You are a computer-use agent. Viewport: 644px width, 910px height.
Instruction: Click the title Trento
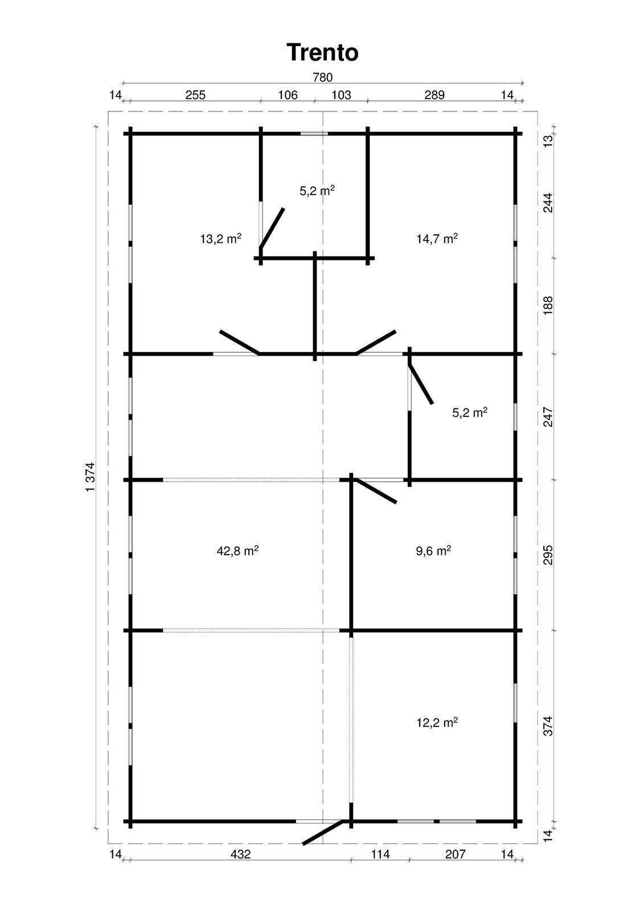coord(322,52)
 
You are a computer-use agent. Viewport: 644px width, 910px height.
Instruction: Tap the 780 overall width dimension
coord(322,77)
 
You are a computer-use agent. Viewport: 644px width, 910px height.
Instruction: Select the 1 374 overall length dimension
coord(91,477)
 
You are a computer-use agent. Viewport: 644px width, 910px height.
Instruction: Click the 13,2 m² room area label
coord(221,238)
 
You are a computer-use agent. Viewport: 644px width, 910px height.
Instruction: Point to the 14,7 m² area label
coord(437,238)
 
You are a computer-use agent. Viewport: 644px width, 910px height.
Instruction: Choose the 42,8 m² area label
coord(237,551)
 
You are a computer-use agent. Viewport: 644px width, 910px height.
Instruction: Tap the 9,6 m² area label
coord(433,551)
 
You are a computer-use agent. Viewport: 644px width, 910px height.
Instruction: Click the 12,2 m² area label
coord(437,723)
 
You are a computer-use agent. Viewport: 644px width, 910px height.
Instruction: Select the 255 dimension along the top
coord(195,95)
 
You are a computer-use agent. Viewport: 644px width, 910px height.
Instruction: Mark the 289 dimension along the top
coord(434,95)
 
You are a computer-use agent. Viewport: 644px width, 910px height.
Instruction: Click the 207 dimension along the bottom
coord(455,854)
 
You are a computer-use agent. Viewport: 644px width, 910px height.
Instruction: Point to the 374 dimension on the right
coord(548,726)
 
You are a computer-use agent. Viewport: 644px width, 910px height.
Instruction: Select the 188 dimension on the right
coord(548,305)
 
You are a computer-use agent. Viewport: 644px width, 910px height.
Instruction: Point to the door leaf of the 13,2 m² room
coord(239,342)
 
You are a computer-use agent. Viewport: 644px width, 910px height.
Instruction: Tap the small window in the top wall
coord(314,133)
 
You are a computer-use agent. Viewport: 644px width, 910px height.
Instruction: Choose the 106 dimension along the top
coord(288,95)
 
